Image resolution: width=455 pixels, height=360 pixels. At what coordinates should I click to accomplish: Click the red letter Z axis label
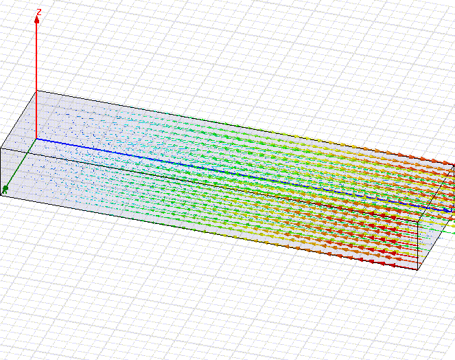[39, 12]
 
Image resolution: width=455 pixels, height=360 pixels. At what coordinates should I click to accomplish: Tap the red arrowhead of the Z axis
[36, 20]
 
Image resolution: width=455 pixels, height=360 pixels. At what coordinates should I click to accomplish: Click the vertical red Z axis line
[36, 78]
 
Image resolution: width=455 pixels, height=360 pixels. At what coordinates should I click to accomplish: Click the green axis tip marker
[5, 190]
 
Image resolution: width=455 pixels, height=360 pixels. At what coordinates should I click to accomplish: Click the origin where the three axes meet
[36, 139]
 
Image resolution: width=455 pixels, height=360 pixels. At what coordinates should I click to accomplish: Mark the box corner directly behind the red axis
[36, 91]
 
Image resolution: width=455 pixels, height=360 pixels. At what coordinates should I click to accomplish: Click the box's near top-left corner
[1, 148]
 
